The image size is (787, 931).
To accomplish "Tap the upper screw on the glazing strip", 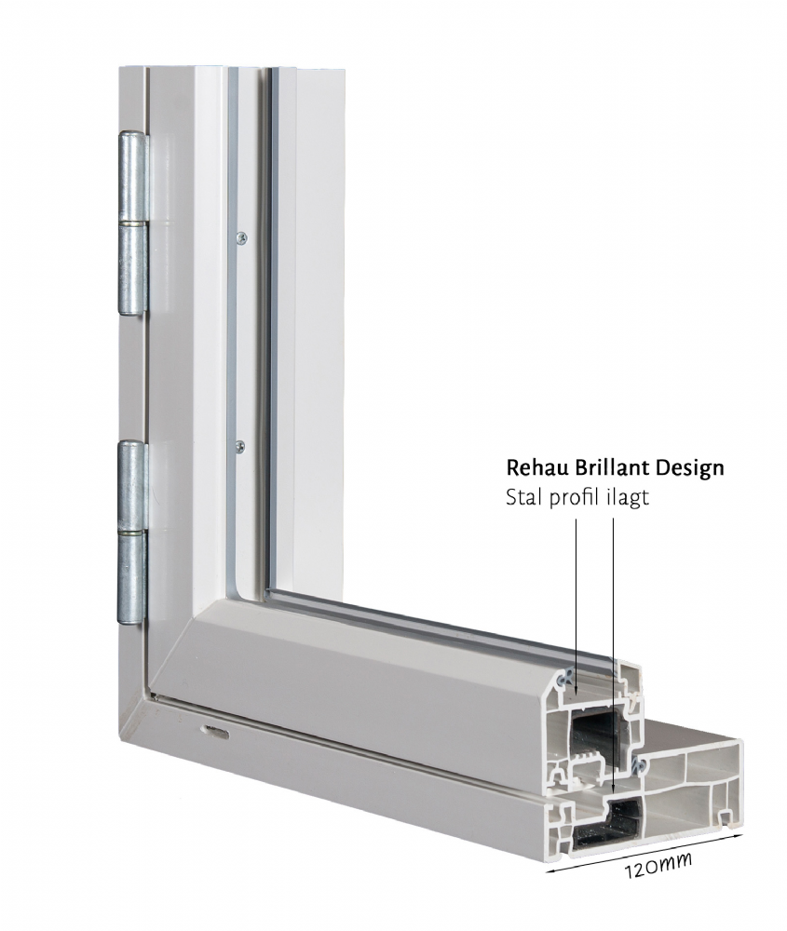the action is click(240, 237).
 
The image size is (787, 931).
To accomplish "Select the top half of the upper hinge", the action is click(134, 177).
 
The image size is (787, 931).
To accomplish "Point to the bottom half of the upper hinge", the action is click(133, 268).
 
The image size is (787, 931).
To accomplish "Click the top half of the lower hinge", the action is click(133, 485).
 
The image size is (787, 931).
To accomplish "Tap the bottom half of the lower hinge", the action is click(132, 577).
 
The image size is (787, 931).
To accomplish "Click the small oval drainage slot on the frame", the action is click(215, 732).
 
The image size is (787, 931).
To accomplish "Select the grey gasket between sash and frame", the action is click(639, 765).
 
